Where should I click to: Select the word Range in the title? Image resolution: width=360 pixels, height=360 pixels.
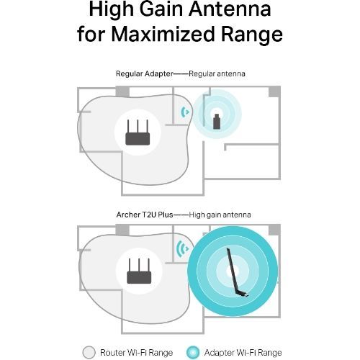(251, 35)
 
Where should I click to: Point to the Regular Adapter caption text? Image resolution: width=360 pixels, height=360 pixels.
(144, 73)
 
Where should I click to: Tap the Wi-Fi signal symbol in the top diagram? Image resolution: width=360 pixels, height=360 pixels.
(185, 112)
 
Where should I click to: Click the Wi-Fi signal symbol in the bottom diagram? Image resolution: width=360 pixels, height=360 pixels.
(182, 248)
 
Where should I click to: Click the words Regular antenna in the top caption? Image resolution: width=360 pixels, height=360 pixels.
(217, 73)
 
